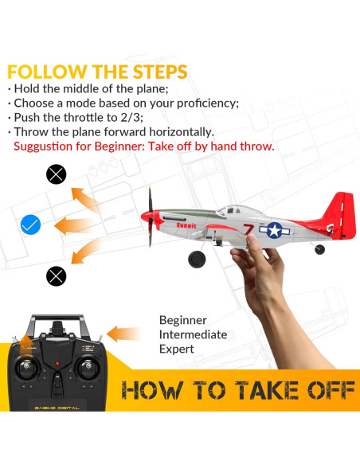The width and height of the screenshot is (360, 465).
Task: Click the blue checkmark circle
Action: (x=30, y=225)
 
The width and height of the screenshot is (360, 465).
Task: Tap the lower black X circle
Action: (x=56, y=275)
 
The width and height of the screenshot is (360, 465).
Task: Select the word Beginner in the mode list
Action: (x=183, y=319)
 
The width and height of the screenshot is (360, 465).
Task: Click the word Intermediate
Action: (x=193, y=334)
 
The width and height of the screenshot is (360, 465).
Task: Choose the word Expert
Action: (x=177, y=350)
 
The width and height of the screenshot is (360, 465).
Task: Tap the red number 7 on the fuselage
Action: (x=248, y=231)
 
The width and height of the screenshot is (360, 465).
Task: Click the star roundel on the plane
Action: (x=275, y=230)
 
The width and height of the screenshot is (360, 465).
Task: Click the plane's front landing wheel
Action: (x=196, y=259)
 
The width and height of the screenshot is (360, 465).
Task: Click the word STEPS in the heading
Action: (x=151, y=72)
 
